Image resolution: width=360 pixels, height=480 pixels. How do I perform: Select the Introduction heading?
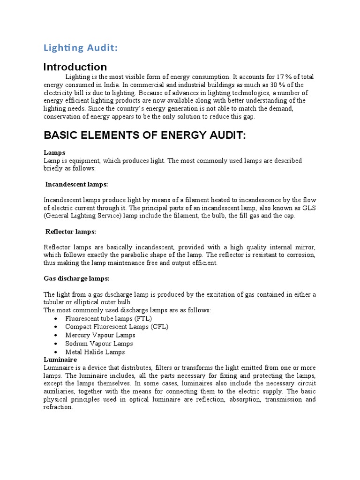75,67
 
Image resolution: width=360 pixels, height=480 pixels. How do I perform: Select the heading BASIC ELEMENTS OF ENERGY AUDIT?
144,135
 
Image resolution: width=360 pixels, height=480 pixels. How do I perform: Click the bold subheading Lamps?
54,153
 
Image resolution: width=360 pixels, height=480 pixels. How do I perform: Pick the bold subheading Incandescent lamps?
77,184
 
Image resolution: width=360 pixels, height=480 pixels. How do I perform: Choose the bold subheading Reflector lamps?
71,232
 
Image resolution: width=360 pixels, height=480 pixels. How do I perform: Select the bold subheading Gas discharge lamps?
76,278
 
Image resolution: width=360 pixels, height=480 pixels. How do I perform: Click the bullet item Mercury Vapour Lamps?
100,335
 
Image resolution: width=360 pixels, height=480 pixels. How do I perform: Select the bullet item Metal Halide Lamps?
95,352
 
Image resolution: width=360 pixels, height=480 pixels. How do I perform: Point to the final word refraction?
58,407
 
